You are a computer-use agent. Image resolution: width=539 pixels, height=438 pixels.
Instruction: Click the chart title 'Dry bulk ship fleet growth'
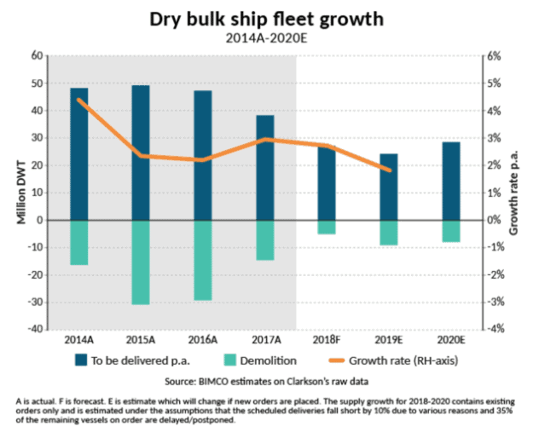tap(269, 19)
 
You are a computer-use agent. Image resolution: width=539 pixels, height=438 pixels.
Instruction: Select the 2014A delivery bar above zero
tap(79, 153)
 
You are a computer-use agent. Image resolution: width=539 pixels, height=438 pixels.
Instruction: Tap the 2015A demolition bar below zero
tap(141, 262)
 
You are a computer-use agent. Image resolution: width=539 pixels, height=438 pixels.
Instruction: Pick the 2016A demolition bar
tap(203, 260)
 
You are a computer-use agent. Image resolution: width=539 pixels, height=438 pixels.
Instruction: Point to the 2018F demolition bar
tap(327, 227)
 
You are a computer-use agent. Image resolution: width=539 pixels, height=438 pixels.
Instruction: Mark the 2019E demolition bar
tap(389, 233)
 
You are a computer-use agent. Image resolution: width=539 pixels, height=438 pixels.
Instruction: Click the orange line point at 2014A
tap(79, 100)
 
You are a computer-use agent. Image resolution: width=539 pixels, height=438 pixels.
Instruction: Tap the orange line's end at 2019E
tap(390, 170)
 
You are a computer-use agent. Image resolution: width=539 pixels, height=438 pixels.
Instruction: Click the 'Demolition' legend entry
tap(261, 360)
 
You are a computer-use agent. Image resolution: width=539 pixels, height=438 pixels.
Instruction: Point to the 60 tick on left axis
tap(36, 55)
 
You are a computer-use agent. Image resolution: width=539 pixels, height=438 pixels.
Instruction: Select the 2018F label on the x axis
tap(327, 339)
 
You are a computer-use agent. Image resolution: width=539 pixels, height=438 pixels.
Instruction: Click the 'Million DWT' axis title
tap(20, 193)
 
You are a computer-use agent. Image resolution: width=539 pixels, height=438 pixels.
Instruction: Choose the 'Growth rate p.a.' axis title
tap(514, 193)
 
